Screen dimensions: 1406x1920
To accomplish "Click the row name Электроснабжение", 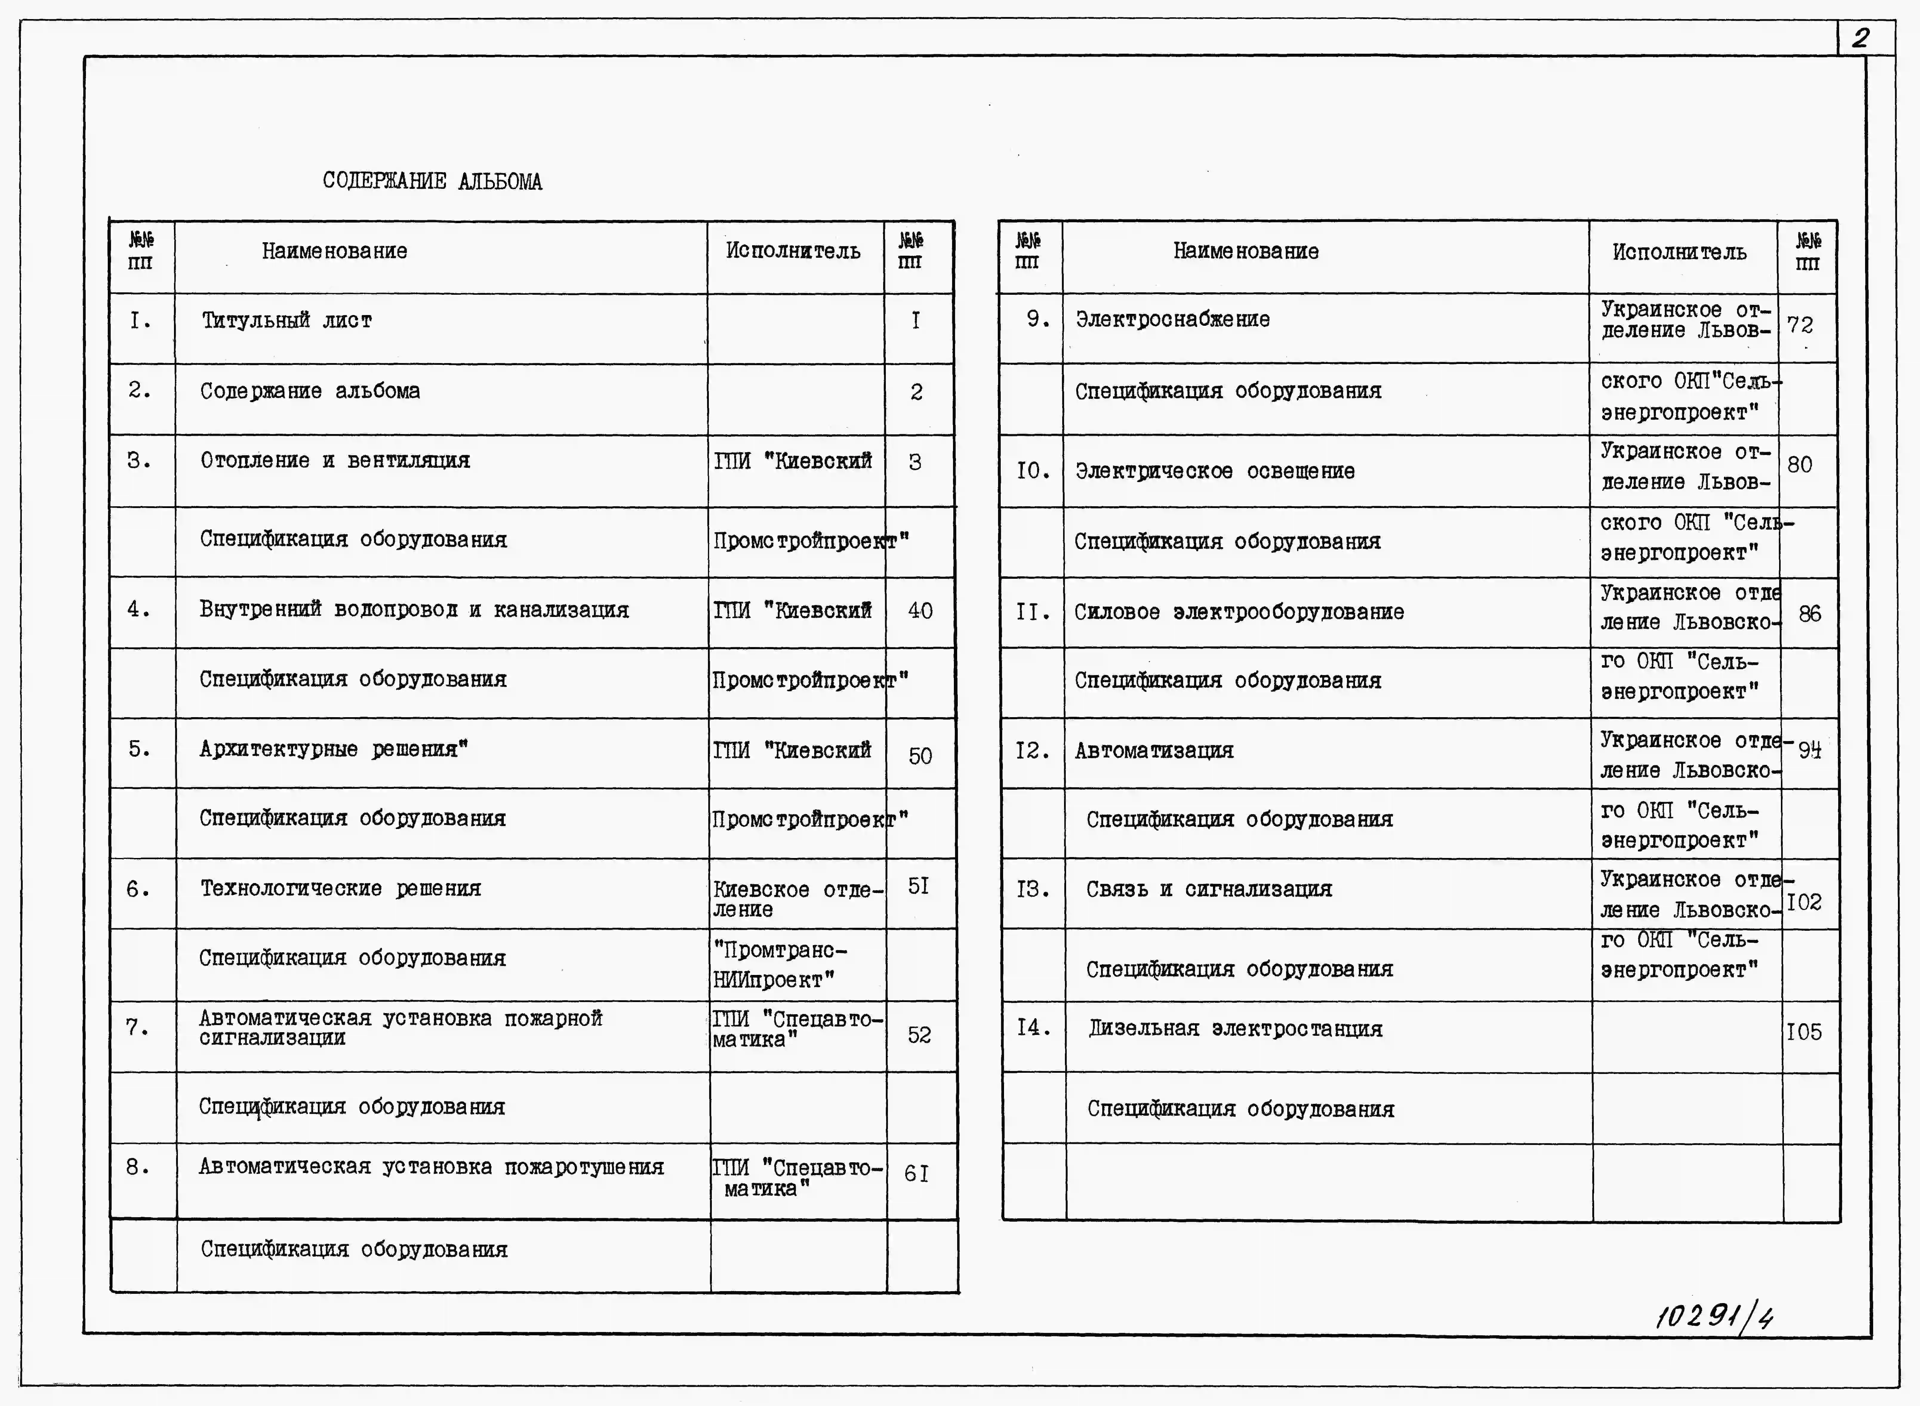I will click(x=1172, y=319).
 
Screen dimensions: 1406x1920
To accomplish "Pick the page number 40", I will click(x=920, y=610).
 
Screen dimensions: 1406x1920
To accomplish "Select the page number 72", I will click(x=1800, y=325).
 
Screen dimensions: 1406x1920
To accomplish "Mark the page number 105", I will click(x=1803, y=1032).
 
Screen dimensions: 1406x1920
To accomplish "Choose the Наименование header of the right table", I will click(x=1246, y=251).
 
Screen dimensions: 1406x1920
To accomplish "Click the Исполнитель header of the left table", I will click(x=793, y=251).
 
